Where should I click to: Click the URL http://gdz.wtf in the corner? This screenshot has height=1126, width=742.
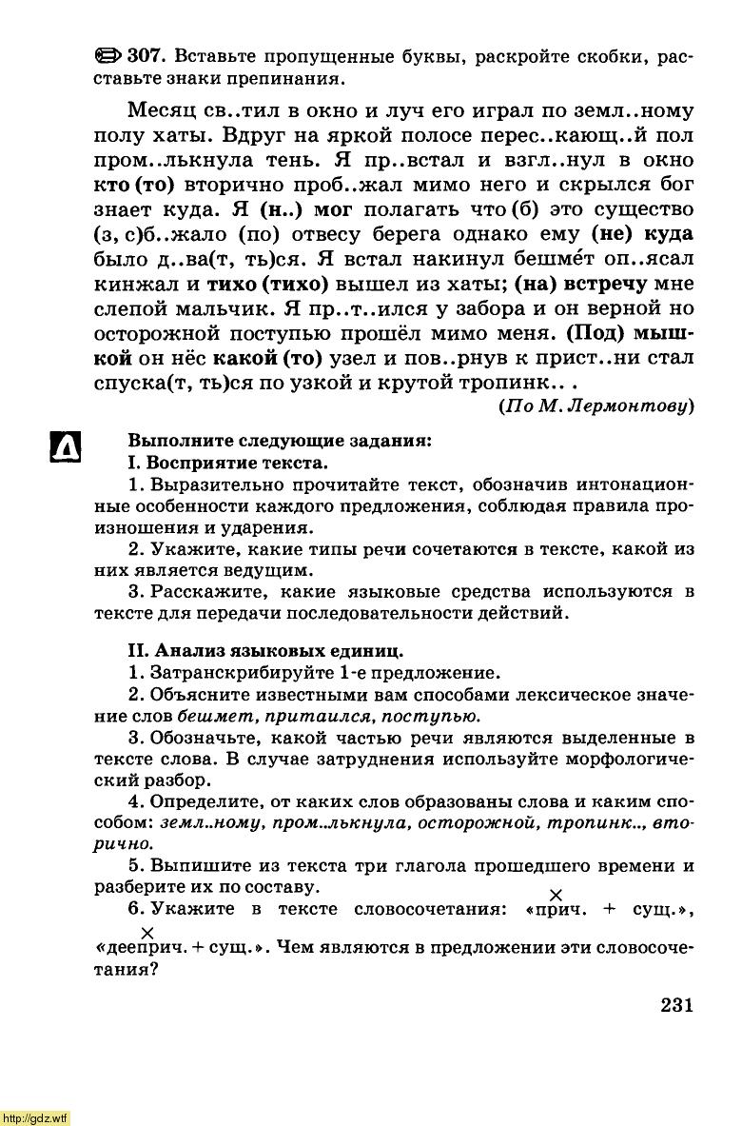click(34, 1117)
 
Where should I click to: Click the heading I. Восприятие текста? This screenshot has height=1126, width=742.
click(227, 464)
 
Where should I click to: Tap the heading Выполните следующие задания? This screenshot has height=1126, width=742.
click(280, 442)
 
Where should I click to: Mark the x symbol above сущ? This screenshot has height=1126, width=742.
click(556, 894)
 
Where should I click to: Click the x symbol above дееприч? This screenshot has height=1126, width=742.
click(146, 931)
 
